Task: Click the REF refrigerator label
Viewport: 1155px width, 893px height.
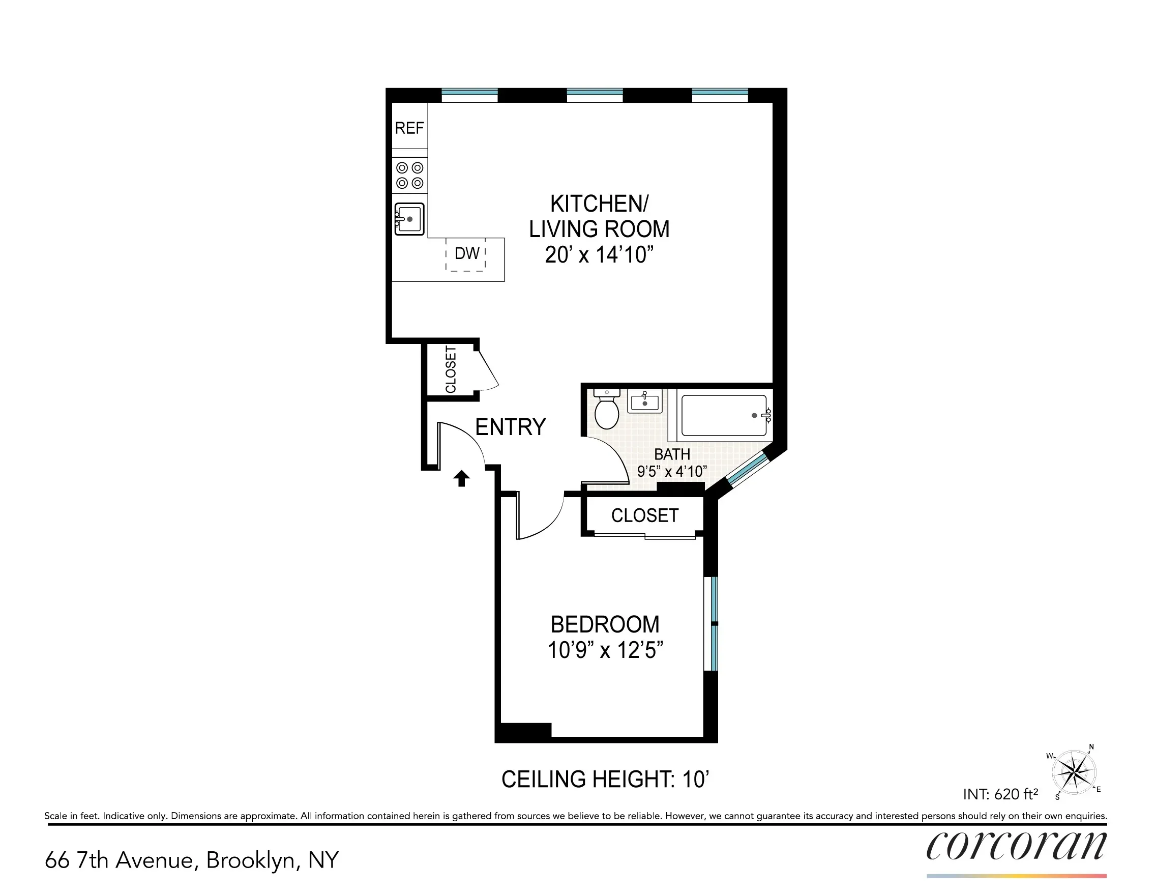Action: tap(409, 128)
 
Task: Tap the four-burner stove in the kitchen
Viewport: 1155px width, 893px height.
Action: tap(410, 175)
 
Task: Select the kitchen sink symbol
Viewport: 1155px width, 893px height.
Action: tap(410, 219)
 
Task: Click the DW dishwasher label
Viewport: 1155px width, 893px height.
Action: tap(467, 254)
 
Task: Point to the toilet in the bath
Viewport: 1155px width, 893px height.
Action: tap(607, 411)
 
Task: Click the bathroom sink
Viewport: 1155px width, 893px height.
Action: tap(645, 401)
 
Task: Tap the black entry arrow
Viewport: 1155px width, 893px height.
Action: tap(462, 478)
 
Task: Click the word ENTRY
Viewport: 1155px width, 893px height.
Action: tap(510, 427)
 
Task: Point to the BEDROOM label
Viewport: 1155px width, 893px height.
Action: tap(605, 625)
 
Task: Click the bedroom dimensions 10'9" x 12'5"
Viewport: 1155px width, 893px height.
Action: tap(605, 650)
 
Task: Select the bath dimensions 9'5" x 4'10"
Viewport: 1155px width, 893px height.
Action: tap(672, 471)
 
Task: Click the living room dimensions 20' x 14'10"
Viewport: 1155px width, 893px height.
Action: tap(599, 255)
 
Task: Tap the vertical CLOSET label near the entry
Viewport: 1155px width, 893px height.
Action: tap(451, 370)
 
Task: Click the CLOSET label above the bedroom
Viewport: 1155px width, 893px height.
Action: tap(645, 515)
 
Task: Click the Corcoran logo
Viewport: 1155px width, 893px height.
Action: tap(1016, 846)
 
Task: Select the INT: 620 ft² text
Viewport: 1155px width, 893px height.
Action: tap(1000, 794)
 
